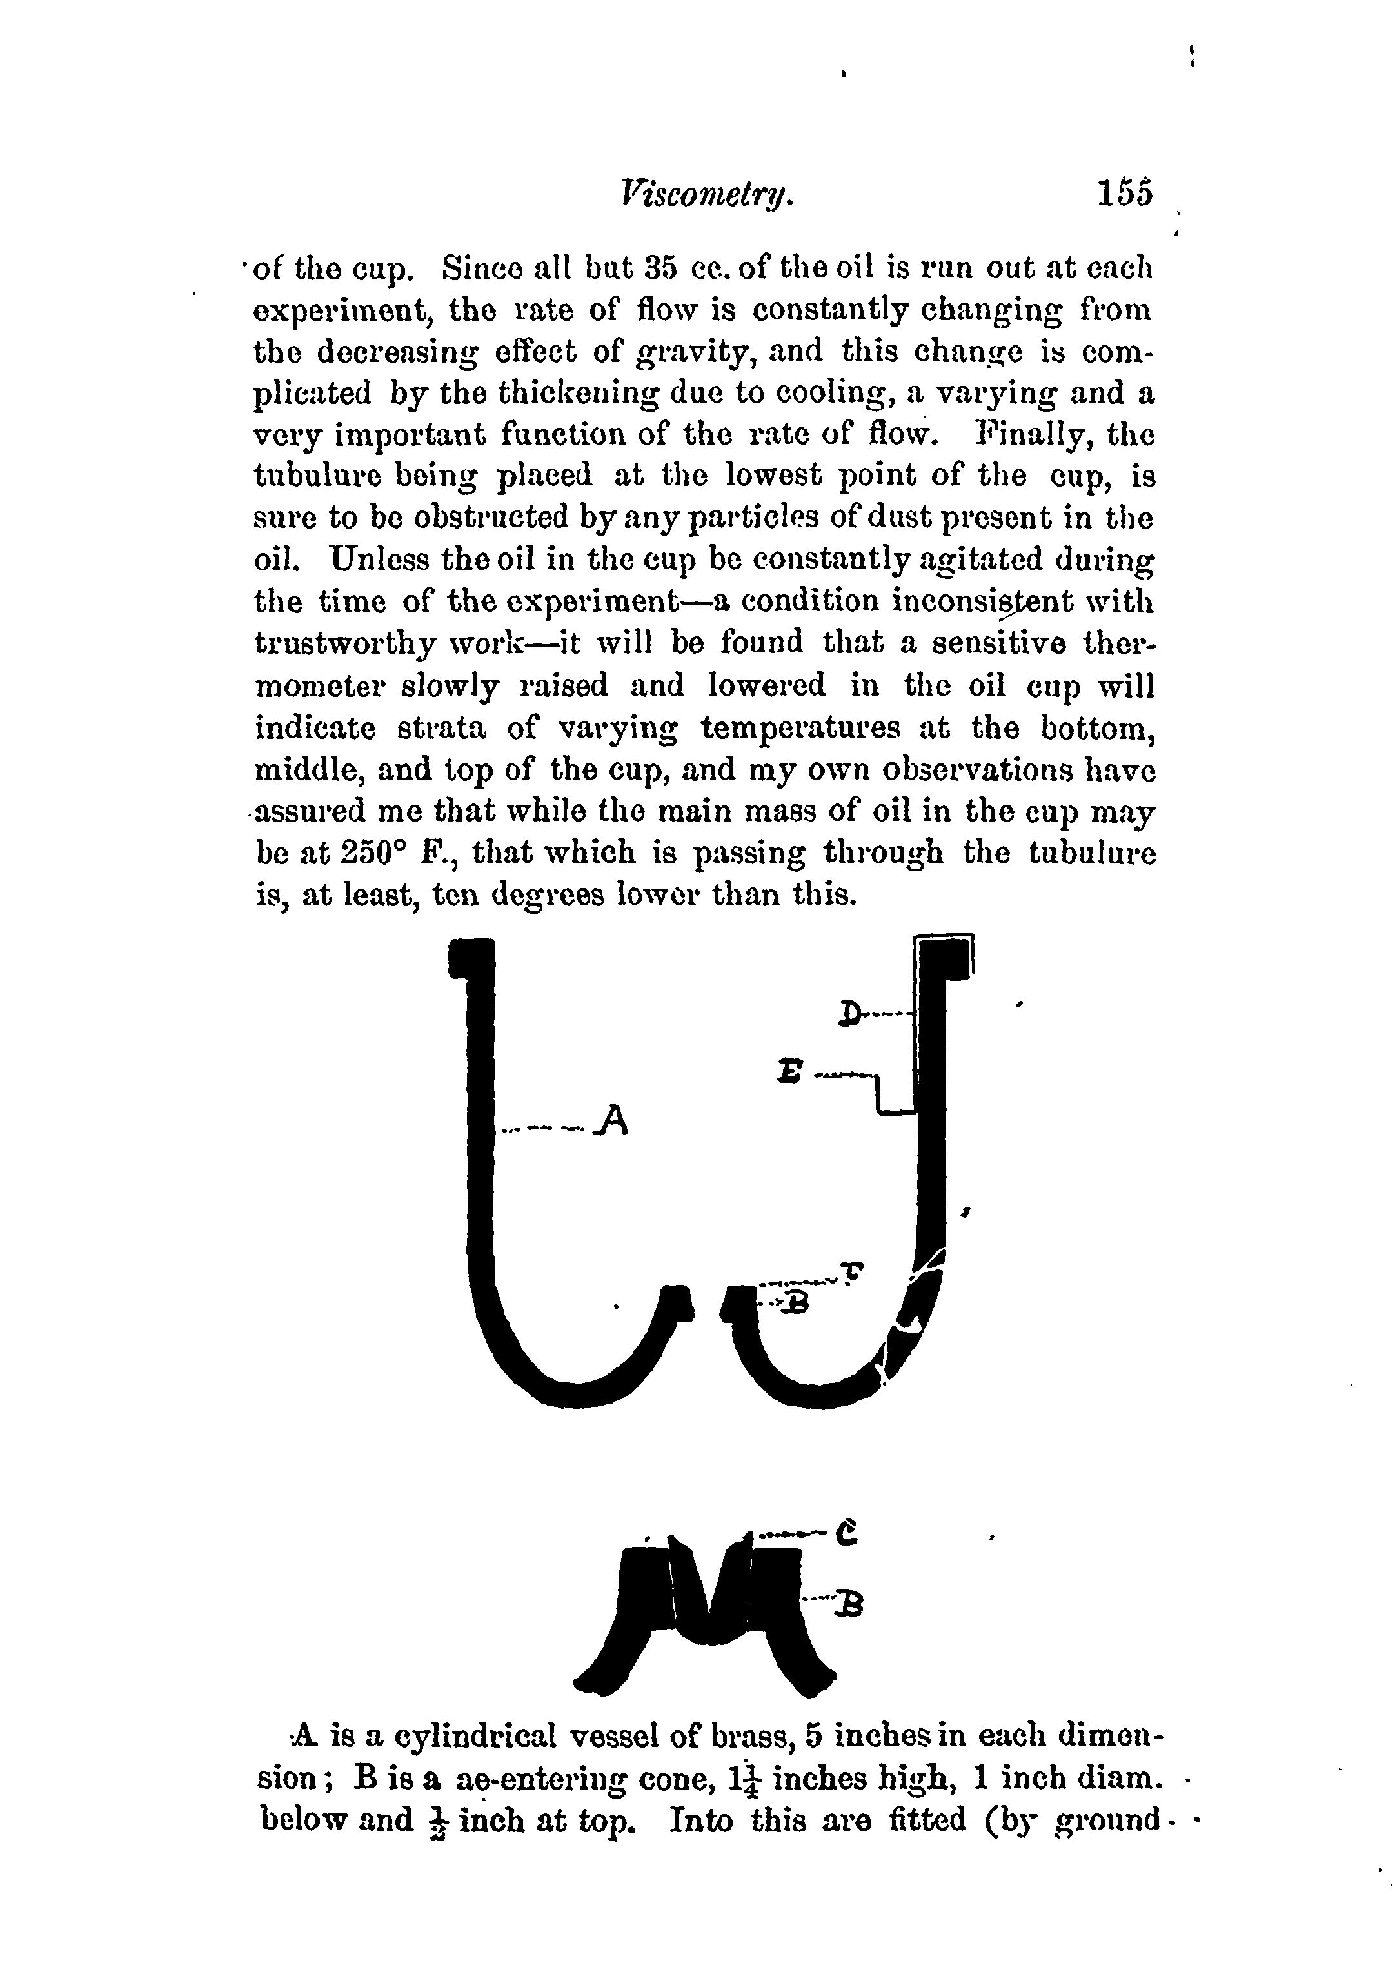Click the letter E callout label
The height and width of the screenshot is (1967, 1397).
(x=789, y=1071)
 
